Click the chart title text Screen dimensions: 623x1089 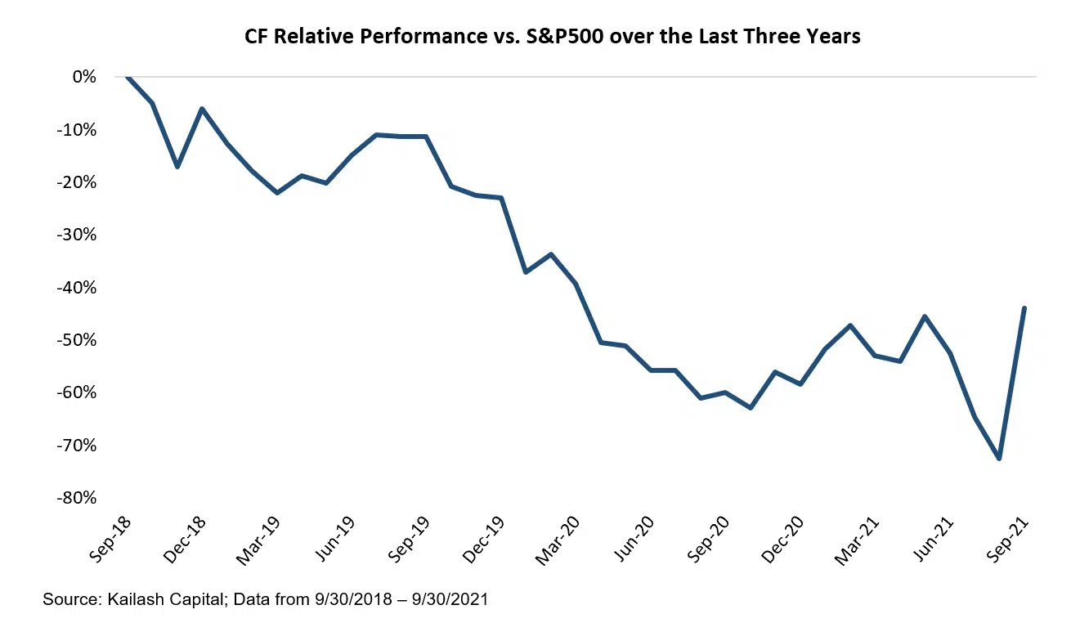(x=552, y=37)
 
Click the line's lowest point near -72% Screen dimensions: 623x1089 (x=999, y=459)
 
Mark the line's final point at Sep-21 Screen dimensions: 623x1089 (x=1024, y=308)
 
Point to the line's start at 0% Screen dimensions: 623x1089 (x=128, y=77)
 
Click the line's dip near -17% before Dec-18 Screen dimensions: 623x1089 (x=177, y=167)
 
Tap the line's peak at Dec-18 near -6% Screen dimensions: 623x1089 (x=202, y=109)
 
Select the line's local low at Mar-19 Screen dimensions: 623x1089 (x=277, y=193)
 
